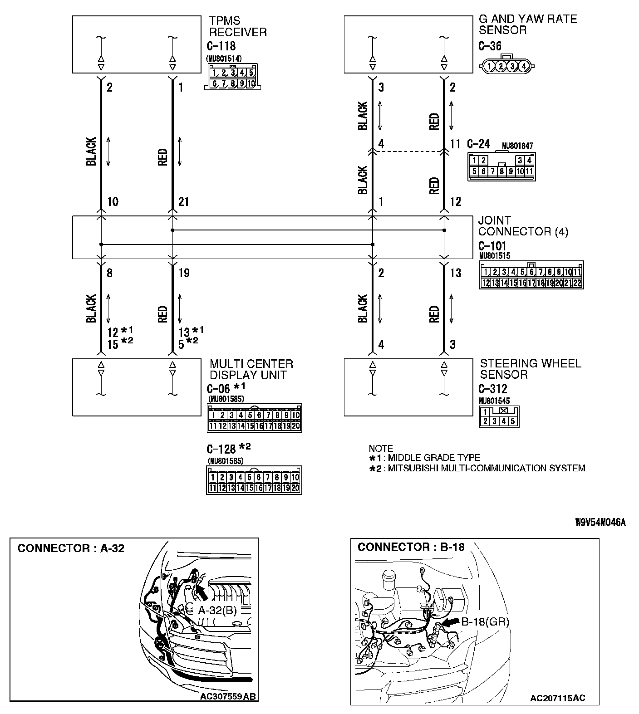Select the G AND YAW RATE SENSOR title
point(527,24)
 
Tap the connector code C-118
point(221,46)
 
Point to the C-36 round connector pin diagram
point(506,65)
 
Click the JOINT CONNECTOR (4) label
point(523,226)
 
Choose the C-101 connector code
point(492,246)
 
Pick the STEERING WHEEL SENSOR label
point(530,369)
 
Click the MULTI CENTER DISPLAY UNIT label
point(251,369)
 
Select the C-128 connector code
point(221,449)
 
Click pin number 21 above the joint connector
point(183,201)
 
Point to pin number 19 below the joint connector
point(183,273)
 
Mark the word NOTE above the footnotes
point(381,448)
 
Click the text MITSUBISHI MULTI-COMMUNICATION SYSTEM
point(487,468)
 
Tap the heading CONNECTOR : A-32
point(71,548)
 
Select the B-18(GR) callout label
point(485,622)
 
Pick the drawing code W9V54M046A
point(600,523)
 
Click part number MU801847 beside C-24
point(517,146)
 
